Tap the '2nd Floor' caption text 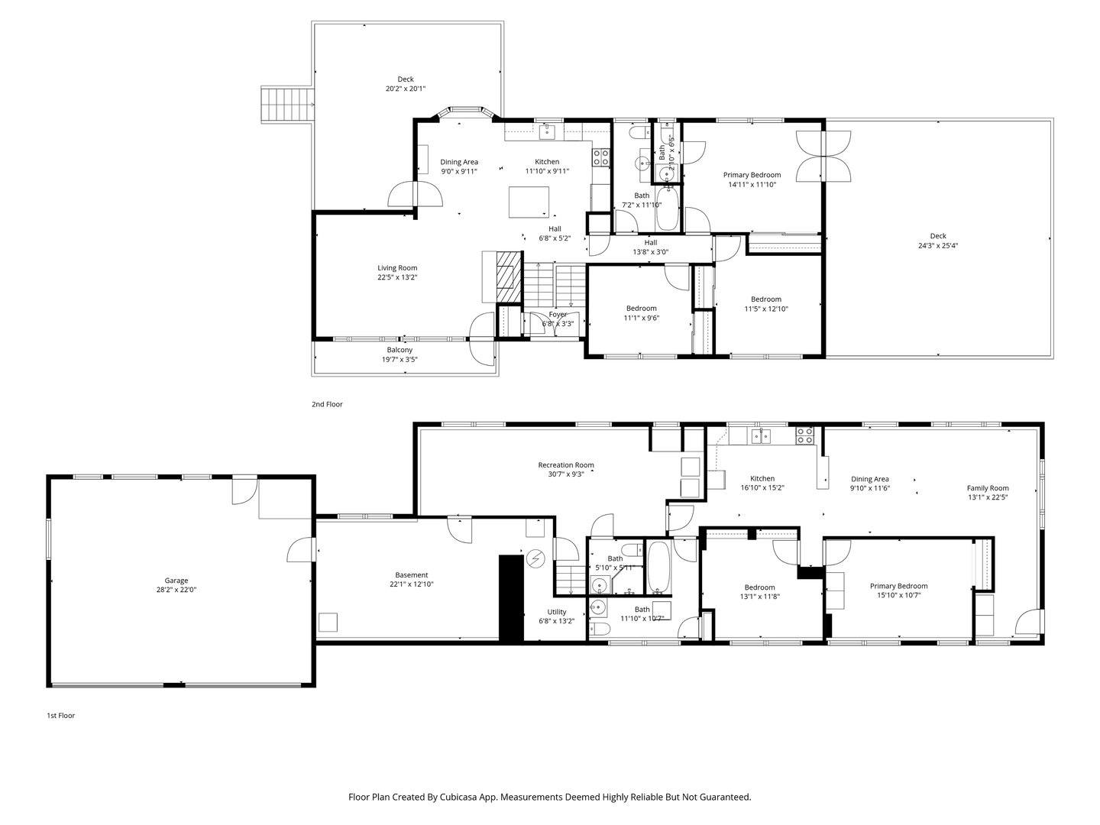[x=327, y=404]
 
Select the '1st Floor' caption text [x=61, y=716]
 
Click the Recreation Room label [x=565, y=464]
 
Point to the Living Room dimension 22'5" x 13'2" [x=397, y=277]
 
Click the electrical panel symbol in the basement [x=535, y=559]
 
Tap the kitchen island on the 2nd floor [x=529, y=202]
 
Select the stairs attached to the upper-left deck [x=288, y=105]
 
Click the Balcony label [x=399, y=350]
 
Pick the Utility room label [x=556, y=612]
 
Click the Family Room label [x=988, y=488]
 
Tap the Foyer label [x=558, y=314]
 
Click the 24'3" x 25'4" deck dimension [x=937, y=246]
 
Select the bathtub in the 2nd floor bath [x=667, y=209]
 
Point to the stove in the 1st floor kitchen [x=805, y=435]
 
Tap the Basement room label [x=411, y=575]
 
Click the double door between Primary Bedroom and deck [x=823, y=156]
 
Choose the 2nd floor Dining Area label [x=458, y=161]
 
